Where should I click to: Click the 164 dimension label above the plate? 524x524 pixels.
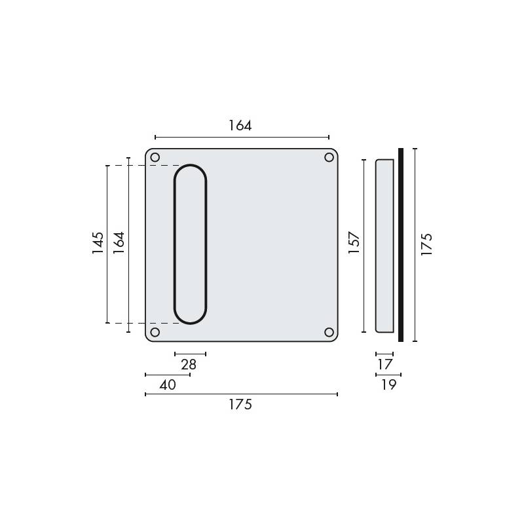240,125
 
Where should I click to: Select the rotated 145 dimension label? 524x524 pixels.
98,243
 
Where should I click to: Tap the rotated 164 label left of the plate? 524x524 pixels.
119,243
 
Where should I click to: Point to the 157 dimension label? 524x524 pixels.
354,243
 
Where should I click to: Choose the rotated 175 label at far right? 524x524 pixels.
426,244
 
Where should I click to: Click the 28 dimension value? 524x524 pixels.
189,365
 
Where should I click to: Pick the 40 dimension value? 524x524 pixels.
168,385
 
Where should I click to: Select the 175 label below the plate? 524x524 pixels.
240,405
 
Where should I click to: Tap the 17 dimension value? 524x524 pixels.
385,365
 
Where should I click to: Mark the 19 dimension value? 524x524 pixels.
388,385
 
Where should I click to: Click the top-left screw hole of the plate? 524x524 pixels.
155,157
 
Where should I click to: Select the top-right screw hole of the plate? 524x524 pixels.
329,157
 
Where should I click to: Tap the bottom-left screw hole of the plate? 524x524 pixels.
155,332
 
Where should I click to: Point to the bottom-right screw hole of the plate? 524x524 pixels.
329,332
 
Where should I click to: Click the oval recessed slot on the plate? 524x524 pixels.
190,244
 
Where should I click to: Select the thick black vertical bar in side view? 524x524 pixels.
401,245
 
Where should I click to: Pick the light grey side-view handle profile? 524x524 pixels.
384,245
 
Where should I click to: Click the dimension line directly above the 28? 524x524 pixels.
190,354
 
